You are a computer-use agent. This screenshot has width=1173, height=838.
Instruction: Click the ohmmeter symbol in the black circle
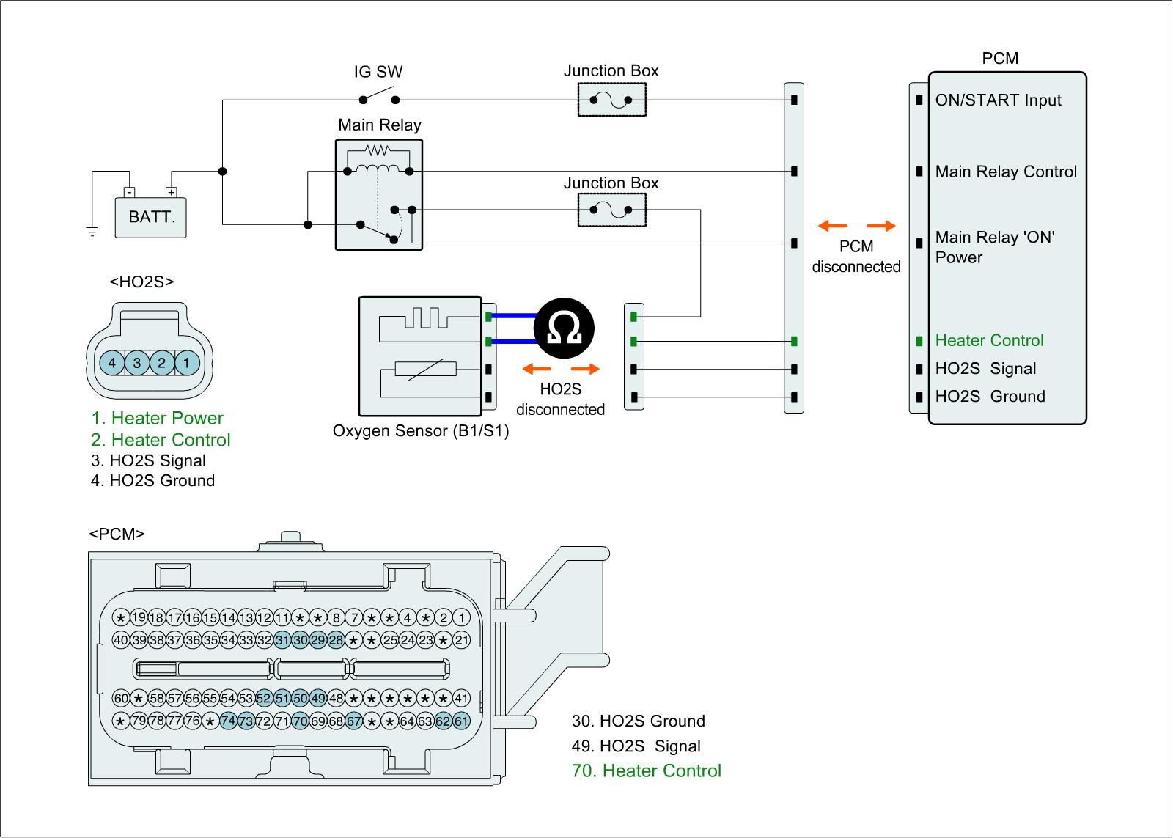tap(563, 330)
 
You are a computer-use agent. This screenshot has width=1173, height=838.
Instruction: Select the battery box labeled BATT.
tap(151, 217)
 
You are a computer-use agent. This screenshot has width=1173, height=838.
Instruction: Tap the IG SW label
tap(378, 73)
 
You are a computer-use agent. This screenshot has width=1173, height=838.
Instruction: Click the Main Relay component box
tap(379, 194)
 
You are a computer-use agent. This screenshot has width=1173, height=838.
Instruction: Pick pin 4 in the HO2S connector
tap(112, 363)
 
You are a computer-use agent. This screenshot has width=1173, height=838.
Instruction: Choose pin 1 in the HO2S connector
tap(187, 363)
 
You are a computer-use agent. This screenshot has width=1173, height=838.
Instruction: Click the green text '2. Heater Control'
tap(161, 440)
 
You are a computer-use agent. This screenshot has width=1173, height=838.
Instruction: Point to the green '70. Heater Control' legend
tap(647, 771)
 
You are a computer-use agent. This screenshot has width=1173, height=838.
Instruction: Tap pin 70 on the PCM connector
tap(301, 721)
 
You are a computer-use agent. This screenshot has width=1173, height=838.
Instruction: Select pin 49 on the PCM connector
tap(318, 698)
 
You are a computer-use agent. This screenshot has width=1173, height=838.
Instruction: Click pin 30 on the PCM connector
tap(301, 640)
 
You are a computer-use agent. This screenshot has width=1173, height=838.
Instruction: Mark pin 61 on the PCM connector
tap(461, 721)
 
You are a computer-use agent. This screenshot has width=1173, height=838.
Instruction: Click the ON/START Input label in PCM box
tap(998, 100)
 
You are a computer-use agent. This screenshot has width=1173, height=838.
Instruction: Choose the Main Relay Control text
tap(1006, 172)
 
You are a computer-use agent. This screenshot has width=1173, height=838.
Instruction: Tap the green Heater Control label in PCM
tap(989, 340)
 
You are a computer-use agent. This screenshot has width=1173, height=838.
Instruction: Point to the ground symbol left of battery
tap(92, 232)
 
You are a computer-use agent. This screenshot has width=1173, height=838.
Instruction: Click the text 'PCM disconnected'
tap(856, 257)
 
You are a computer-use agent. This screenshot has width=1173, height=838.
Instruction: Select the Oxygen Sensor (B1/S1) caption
tap(421, 431)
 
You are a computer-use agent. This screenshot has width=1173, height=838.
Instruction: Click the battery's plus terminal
tap(172, 193)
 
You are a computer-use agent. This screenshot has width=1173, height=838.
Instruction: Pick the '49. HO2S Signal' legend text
tap(636, 746)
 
